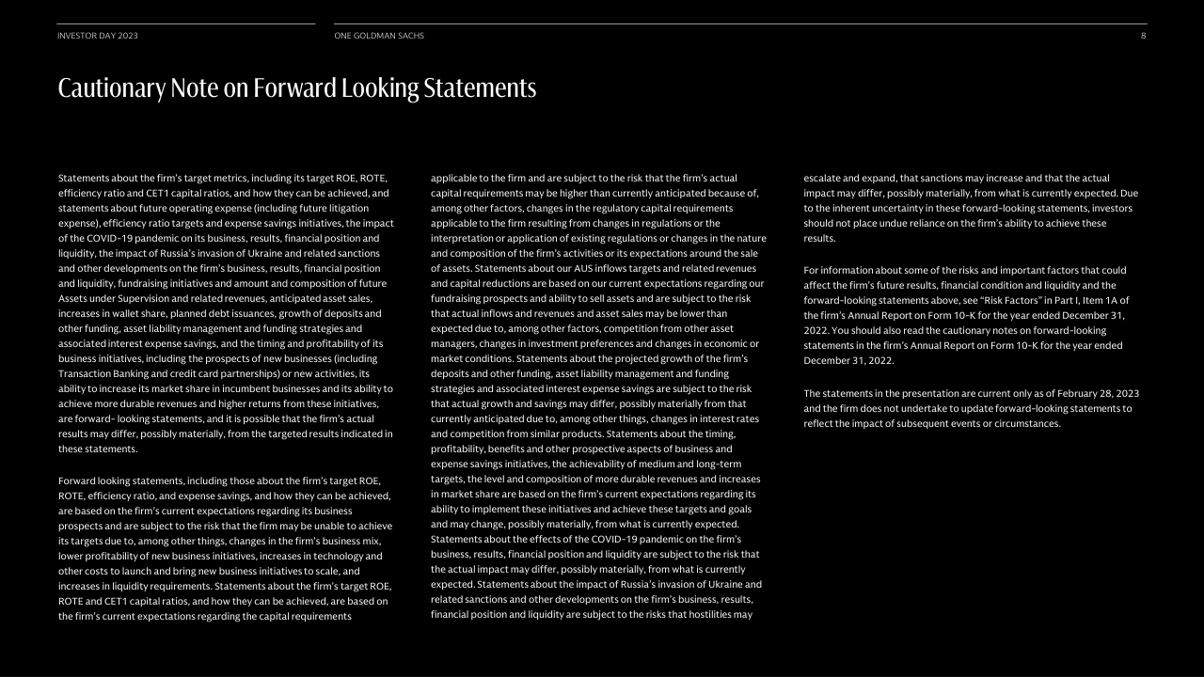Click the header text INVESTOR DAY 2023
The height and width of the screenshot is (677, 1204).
click(x=98, y=36)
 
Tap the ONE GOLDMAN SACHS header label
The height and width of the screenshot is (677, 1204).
click(x=379, y=36)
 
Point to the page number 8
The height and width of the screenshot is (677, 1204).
click(x=1143, y=36)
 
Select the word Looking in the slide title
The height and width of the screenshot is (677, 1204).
click(x=382, y=88)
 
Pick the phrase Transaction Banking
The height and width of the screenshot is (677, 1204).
click(x=103, y=373)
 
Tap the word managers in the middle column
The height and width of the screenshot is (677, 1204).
click(x=453, y=343)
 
